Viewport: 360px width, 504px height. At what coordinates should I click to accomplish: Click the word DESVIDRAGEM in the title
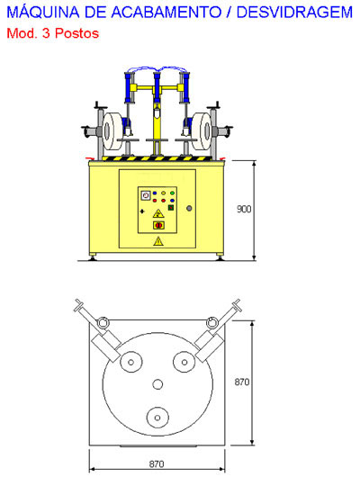pyautogui.click(x=294, y=13)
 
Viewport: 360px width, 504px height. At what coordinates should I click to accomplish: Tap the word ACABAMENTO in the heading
pyautogui.click(x=166, y=13)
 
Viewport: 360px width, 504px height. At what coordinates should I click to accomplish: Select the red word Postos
pyautogui.click(x=76, y=33)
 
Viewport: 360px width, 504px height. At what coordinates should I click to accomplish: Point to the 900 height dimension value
pyautogui.click(x=244, y=209)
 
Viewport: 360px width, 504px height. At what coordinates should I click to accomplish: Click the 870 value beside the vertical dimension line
pyautogui.click(x=242, y=382)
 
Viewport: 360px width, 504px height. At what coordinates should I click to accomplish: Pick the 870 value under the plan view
pyautogui.click(x=157, y=463)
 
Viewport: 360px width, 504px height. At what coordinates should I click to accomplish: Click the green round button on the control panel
pyautogui.click(x=172, y=193)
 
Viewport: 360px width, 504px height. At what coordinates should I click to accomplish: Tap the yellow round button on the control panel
pyautogui.click(x=163, y=193)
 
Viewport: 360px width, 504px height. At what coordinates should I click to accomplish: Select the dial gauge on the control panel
pyautogui.click(x=146, y=195)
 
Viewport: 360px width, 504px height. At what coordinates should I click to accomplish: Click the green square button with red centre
pyautogui.click(x=171, y=207)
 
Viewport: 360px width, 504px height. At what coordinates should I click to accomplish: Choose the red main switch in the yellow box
pyautogui.click(x=158, y=225)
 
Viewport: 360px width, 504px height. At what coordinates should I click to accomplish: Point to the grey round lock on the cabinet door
pyautogui.click(x=189, y=208)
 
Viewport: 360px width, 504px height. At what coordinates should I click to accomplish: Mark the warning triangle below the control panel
pyautogui.click(x=158, y=241)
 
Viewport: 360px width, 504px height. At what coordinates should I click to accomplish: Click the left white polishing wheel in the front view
pyautogui.click(x=112, y=131)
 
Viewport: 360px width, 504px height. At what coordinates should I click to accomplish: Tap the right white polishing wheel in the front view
pyautogui.click(x=202, y=131)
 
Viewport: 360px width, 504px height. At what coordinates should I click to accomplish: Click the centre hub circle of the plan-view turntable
pyautogui.click(x=157, y=384)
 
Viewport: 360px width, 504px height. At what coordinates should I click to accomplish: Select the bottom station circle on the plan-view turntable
pyautogui.click(x=157, y=418)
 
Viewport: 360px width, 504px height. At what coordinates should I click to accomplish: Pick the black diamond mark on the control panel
pyautogui.click(x=142, y=211)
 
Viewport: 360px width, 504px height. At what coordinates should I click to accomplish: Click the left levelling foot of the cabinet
pyautogui.click(x=93, y=256)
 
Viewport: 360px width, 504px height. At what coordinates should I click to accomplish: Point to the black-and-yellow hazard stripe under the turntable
pyautogui.click(x=157, y=158)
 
